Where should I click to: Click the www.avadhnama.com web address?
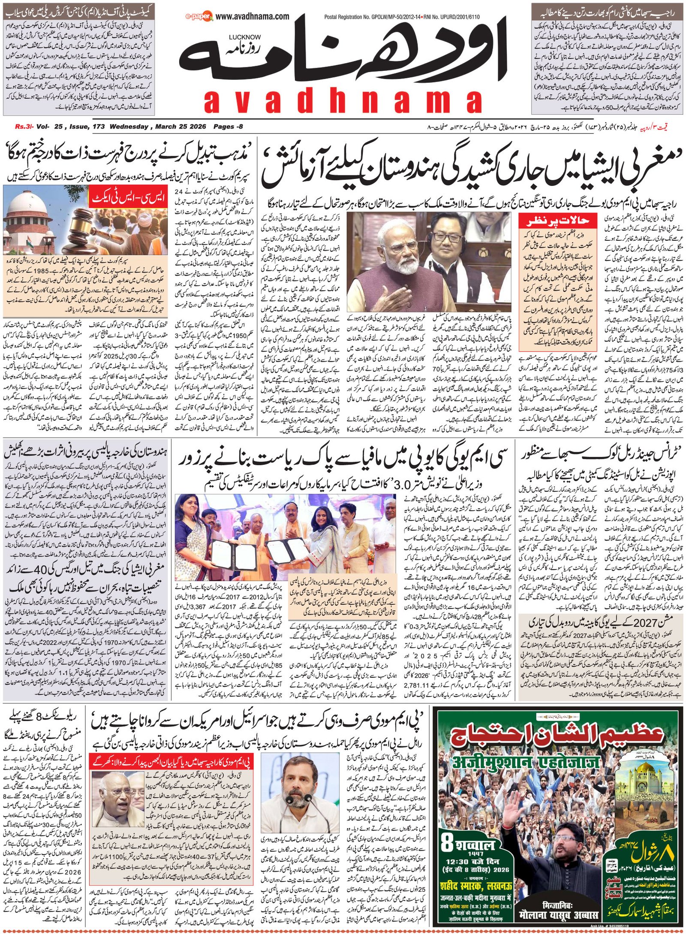click(x=252, y=17)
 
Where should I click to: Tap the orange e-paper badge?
click(x=199, y=17)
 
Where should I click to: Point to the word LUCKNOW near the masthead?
click(x=244, y=37)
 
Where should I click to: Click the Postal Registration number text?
click(x=402, y=17)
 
